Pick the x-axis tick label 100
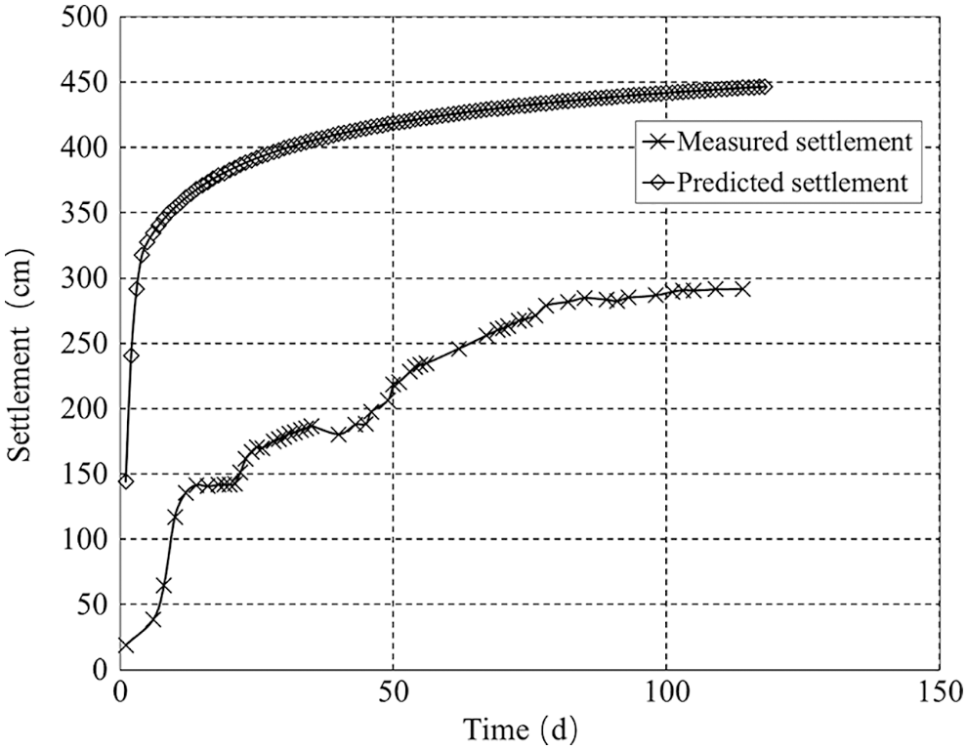tap(665, 691)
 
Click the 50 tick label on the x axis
tap(393, 691)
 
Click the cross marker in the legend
tap(655, 143)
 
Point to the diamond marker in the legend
tap(655, 183)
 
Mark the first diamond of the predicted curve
tap(125, 480)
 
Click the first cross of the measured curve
tap(125, 646)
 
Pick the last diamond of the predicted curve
tap(765, 87)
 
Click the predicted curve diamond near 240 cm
tap(131, 355)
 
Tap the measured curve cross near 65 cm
tap(164, 585)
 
